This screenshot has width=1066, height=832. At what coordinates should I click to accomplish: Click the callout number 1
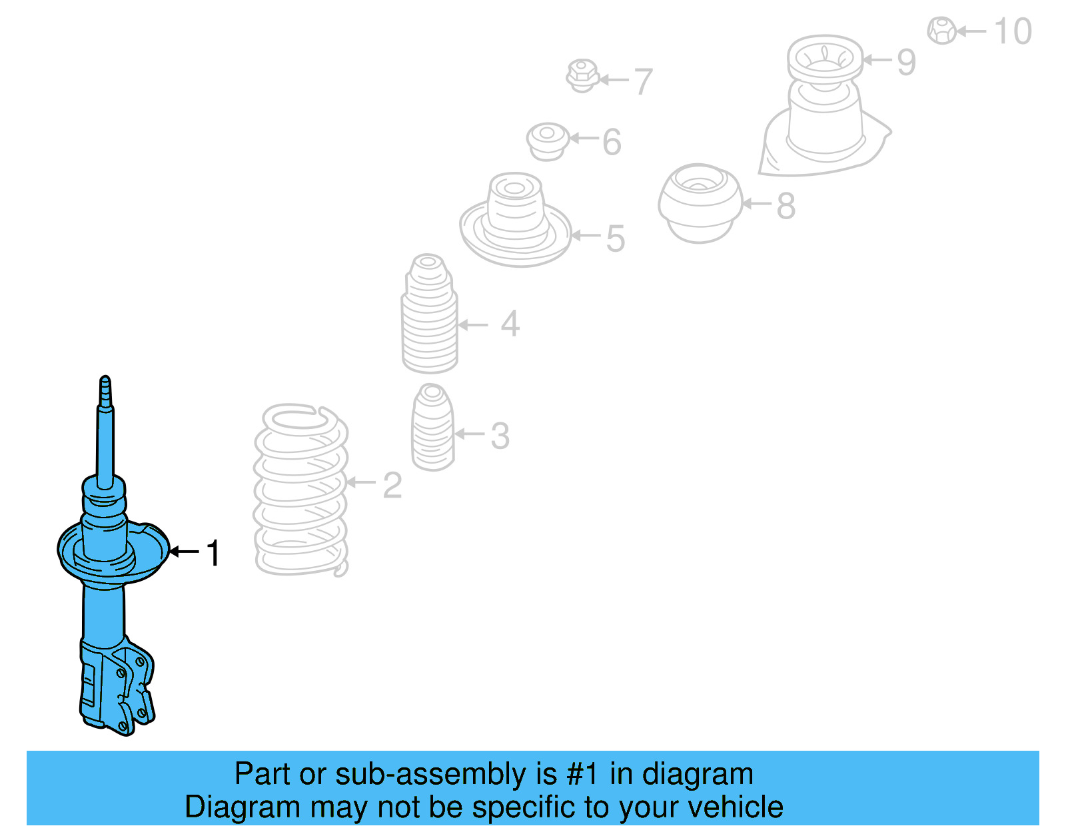[213, 553]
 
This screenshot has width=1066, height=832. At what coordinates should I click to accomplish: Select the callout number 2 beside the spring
[392, 486]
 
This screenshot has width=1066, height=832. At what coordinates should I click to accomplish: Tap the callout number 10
[1013, 31]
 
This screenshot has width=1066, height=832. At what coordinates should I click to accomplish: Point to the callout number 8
[786, 206]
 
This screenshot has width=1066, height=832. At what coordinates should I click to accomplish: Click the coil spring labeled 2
[301, 490]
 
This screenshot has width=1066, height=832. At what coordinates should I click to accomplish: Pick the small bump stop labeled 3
[433, 428]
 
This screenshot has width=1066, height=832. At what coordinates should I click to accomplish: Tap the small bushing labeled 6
[548, 141]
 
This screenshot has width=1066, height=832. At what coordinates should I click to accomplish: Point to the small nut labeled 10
[942, 31]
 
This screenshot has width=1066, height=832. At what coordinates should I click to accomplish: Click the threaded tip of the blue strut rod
[105, 390]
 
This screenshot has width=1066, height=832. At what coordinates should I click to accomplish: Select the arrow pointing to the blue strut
[184, 552]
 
